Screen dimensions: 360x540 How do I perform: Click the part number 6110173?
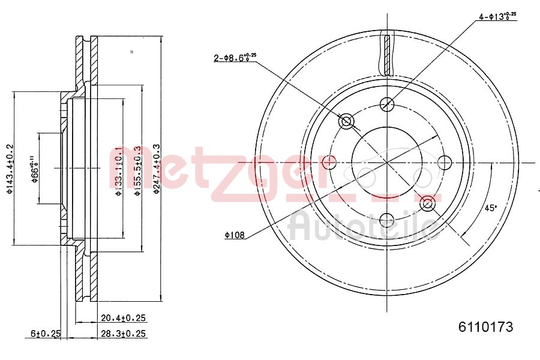(x=485, y=327)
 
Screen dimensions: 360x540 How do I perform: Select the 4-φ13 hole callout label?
(x=497, y=16)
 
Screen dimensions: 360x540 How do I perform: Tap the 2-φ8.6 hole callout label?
(x=235, y=58)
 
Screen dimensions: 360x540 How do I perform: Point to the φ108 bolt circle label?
(x=235, y=236)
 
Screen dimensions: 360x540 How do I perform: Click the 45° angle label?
(x=491, y=208)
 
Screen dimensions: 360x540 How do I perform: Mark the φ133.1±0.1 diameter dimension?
(x=119, y=171)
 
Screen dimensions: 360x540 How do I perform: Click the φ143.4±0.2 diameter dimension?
(x=8, y=169)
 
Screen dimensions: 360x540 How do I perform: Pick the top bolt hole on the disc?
(x=388, y=104)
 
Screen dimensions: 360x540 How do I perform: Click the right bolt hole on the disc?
(x=445, y=162)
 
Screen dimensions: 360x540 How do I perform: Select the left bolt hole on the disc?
(x=329, y=162)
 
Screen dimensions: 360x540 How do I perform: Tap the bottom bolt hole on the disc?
(x=388, y=220)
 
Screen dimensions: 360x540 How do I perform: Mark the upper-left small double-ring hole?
(x=346, y=122)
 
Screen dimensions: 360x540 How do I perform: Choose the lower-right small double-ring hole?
(x=427, y=203)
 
